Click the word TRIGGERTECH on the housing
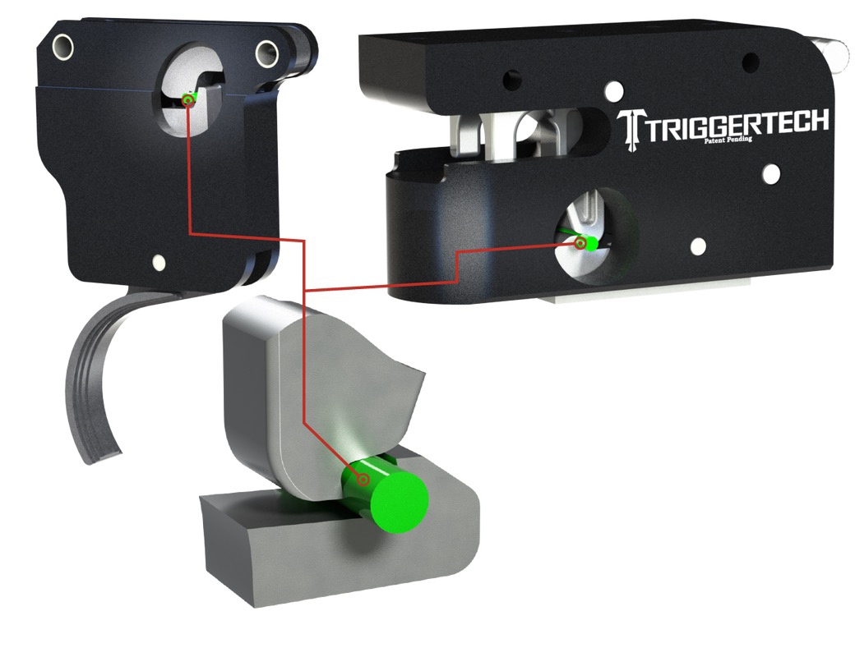coord(737,124)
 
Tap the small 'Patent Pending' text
coord(728,140)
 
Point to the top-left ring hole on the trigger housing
coord(62,46)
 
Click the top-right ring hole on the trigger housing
coord(267,53)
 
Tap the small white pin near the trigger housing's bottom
coord(159,263)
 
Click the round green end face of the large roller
coord(400,502)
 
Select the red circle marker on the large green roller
coord(363,480)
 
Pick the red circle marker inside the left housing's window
coord(188,99)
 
